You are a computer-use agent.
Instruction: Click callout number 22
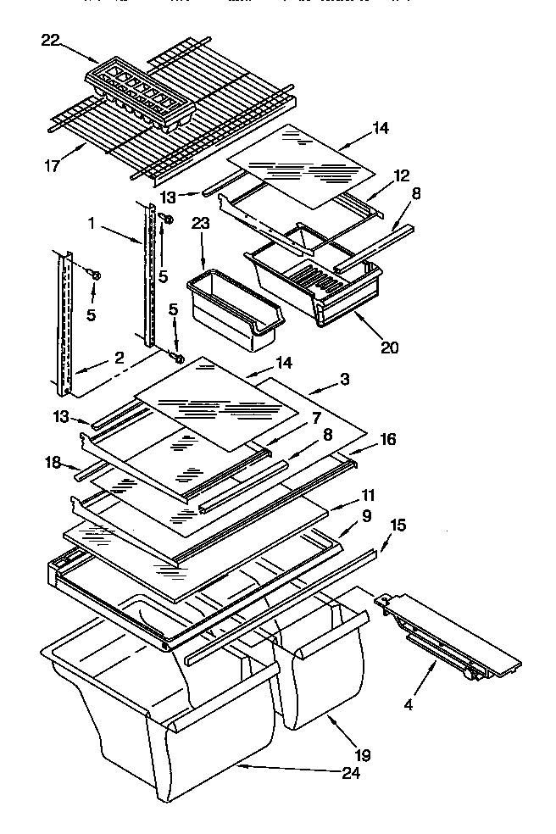(52, 40)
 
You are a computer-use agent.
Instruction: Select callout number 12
(401, 175)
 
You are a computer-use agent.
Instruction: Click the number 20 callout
(389, 346)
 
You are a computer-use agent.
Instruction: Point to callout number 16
(386, 439)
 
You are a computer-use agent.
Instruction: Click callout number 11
(369, 495)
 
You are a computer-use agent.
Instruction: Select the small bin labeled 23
(232, 309)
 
